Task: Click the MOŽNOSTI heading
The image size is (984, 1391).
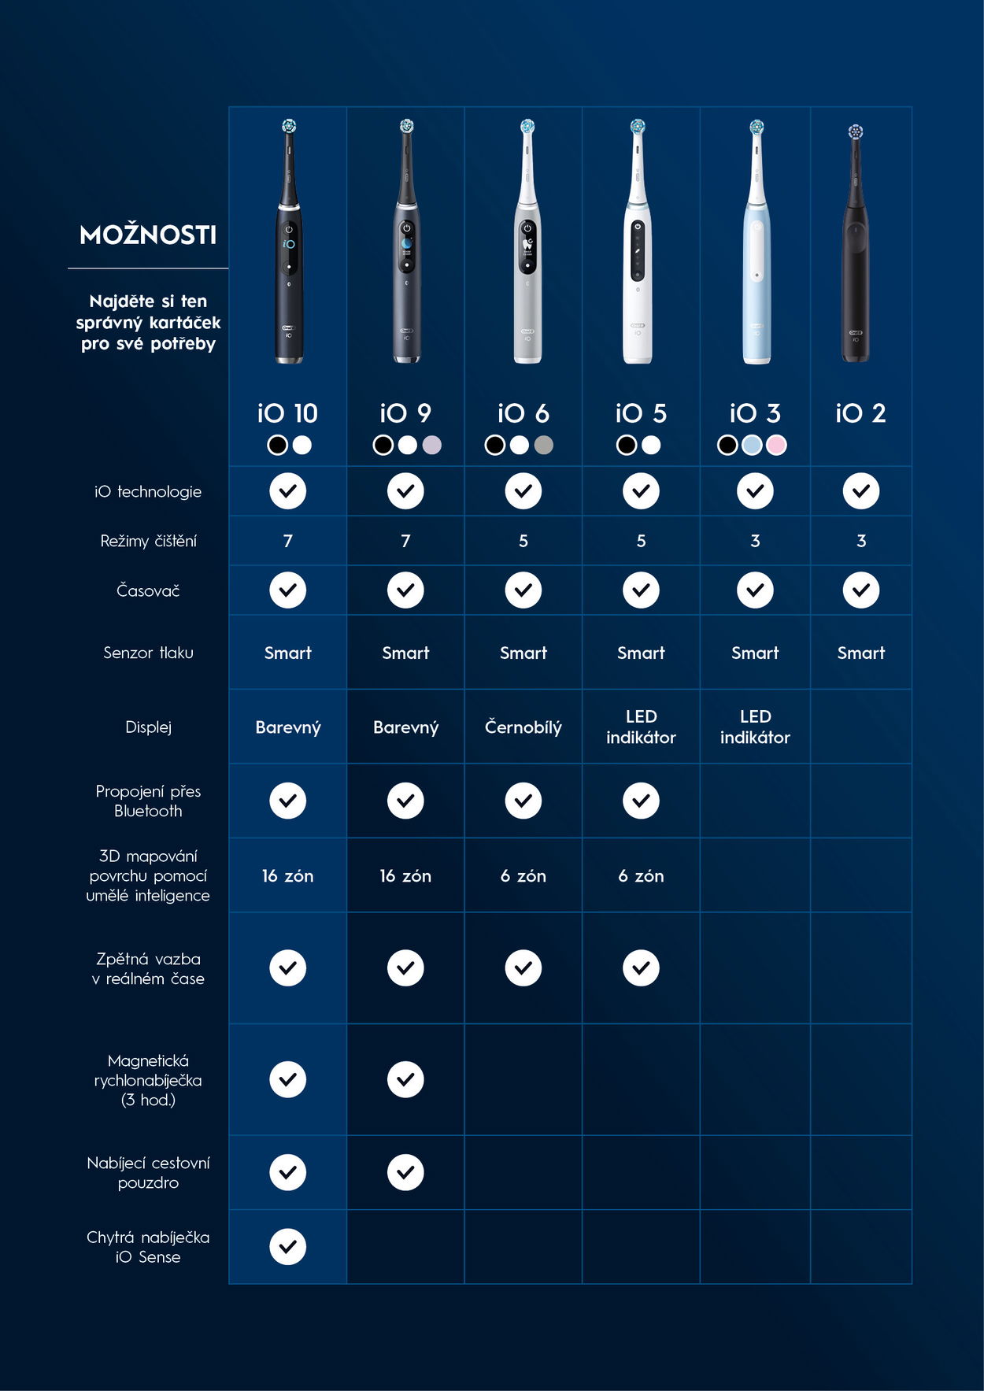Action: (148, 235)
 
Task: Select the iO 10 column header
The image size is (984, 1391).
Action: (287, 413)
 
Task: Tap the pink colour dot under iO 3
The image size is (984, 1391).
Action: (776, 445)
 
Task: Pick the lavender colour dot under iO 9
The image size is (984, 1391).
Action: (431, 445)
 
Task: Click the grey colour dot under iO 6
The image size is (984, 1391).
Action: (544, 445)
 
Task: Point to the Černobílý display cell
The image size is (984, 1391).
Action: (523, 727)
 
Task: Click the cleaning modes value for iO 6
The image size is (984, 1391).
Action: (523, 541)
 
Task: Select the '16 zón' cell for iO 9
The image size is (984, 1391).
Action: (405, 875)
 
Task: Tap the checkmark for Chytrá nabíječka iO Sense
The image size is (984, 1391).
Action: (288, 1247)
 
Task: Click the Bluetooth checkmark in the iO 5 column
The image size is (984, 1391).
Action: (641, 801)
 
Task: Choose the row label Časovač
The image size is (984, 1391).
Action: (148, 590)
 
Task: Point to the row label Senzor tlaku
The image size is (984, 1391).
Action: (148, 653)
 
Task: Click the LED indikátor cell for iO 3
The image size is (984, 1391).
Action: (755, 727)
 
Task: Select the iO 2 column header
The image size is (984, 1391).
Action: (860, 413)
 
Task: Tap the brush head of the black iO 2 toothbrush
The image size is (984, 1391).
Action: (855, 132)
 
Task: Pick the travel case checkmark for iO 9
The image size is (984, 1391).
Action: (405, 1172)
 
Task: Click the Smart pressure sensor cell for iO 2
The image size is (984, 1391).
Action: (860, 653)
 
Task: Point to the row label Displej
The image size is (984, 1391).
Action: (148, 727)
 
